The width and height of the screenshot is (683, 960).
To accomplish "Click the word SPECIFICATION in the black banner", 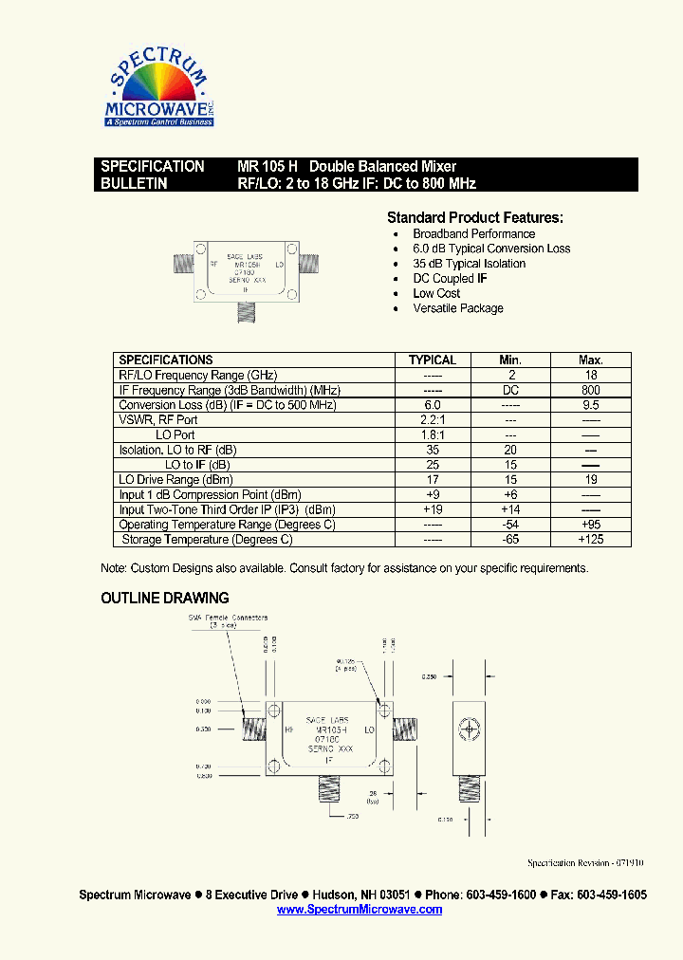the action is [x=153, y=166].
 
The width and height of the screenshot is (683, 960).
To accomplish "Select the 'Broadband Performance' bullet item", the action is [x=473, y=234].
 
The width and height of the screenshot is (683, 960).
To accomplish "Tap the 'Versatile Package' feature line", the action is [x=458, y=308].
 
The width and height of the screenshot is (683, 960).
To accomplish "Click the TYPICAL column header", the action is [x=433, y=360].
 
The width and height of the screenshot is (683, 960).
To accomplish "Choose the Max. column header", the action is [x=591, y=360].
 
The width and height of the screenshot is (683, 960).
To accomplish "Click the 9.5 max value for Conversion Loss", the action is [x=591, y=405].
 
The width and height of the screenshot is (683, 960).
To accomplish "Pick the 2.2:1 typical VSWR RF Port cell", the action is [x=433, y=420].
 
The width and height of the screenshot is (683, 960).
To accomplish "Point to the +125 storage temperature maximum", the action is [x=591, y=540].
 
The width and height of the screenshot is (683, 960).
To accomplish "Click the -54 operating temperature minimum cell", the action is [x=510, y=525].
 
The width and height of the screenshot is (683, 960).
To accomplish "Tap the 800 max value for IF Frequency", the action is [x=591, y=390].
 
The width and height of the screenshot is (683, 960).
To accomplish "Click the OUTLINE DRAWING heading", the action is [x=165, y=599].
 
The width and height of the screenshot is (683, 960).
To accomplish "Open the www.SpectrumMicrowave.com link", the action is [x=360, y=910].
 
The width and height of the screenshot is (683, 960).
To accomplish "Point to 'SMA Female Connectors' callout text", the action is [x=228, y=618].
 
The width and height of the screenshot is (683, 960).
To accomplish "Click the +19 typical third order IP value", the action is [x=433, y=510].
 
